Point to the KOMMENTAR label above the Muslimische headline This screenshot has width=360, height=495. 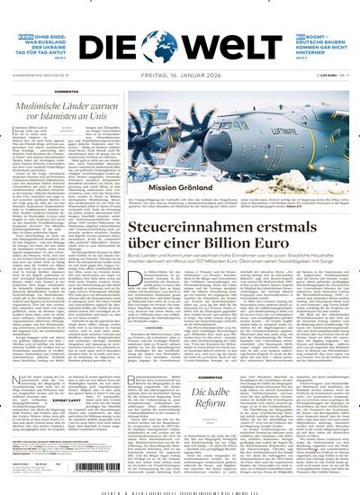64,93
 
